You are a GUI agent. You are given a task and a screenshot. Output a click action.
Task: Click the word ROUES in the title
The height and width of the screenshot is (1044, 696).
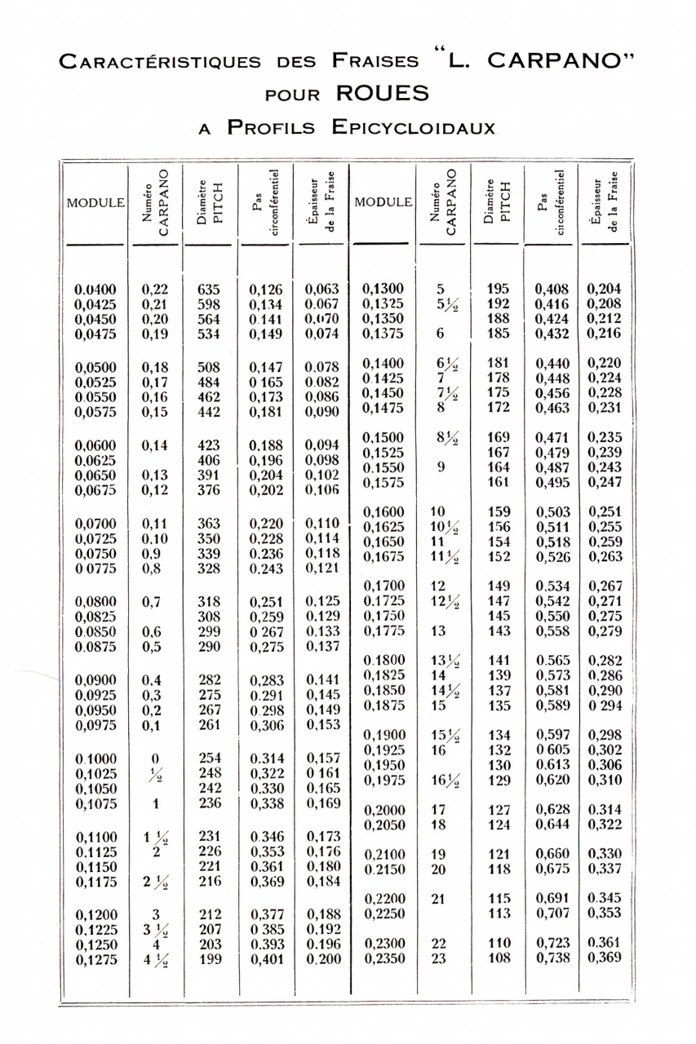[x=383, y=93]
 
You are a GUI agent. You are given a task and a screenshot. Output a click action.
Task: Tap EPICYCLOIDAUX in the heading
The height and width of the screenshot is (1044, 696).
[x=414, y=127]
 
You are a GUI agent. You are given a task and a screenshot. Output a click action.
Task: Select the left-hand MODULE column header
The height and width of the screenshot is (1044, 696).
[x=95, y=202]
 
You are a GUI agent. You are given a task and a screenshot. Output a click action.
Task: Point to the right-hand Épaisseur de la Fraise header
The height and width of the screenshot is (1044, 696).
[x=605, y=201]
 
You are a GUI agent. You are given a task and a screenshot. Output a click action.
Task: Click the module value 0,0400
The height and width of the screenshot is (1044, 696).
[x=95, y=289]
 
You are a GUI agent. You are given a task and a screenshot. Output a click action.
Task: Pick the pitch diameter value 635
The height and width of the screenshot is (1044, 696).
[x=210, y=289]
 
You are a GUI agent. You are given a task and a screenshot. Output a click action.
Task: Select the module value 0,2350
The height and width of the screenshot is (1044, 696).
[x=383, y=958]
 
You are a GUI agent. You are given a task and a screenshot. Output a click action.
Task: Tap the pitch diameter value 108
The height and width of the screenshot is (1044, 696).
[x=499, y=958]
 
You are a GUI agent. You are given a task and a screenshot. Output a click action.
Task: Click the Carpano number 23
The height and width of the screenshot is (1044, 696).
[x=439, y=958]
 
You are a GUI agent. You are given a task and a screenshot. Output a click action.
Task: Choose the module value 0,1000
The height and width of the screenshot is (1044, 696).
[x=95, y=759]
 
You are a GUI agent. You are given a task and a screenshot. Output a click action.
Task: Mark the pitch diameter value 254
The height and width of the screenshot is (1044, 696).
[x=210, y=758]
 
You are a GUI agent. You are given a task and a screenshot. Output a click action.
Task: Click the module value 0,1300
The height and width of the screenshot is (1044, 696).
[x=383, y=288]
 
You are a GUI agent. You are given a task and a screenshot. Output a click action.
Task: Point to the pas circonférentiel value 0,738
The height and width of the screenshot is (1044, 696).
[x=552, y=958]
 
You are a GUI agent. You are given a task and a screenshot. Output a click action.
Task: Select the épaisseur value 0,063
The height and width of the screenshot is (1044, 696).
[x=321, y=289]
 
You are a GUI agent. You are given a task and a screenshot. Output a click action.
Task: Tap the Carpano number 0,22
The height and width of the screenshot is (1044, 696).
[x=154, y=289]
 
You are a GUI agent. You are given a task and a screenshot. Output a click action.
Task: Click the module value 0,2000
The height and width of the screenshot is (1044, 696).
[x=383, y=811]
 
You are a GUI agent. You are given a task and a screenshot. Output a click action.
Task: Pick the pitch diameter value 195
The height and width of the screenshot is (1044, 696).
[x=499, y=288]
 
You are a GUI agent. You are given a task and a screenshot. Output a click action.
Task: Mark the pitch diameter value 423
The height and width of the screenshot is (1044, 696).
[x=210, y=445]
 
